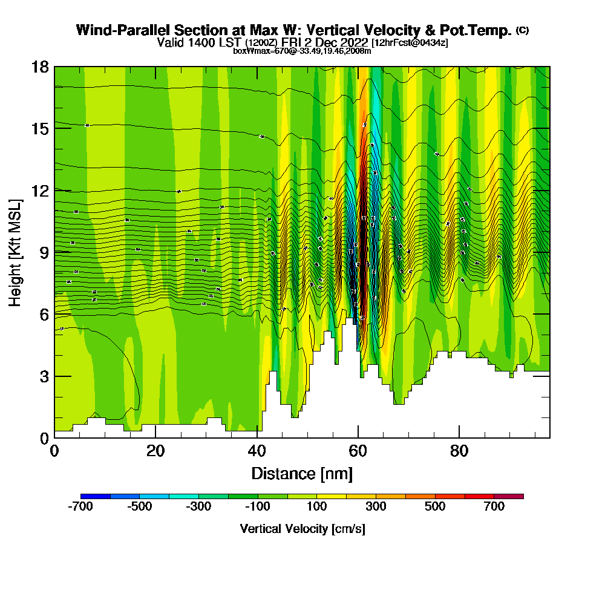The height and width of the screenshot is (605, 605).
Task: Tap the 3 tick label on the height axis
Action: [x=44, y=376]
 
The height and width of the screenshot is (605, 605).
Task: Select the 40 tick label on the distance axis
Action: [x=257, y=451]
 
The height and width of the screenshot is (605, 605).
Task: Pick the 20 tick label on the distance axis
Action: [x=155, y=451]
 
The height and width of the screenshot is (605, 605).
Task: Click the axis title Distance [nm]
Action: [x=302, y=473]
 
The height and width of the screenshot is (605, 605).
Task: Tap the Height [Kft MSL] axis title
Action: [x=15, y=252]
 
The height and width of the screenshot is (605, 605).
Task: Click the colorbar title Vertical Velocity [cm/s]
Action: [x=302, y=529]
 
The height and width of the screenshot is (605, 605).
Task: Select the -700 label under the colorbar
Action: [x=80, y=507]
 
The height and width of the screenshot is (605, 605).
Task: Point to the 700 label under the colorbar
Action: [x=494, y=507]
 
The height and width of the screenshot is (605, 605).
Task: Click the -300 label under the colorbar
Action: [x=198, y=507]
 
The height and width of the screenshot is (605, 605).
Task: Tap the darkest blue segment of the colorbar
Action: [x=95, y=496]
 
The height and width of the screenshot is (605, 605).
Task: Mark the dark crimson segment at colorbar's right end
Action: [x=509, y=496]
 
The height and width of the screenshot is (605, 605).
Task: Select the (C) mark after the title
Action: [x=522, y=30]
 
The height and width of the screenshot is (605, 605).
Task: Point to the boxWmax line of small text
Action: [x=302, y=51]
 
